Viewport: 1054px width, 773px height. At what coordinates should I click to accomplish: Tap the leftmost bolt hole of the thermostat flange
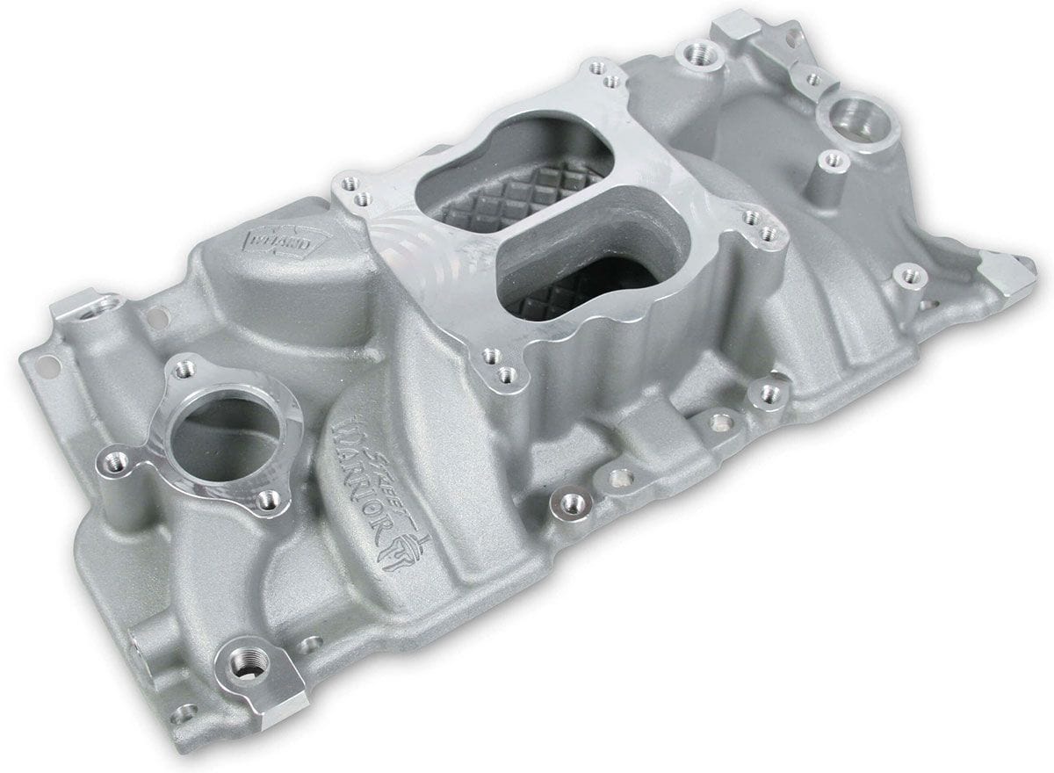click(x=112, y=458)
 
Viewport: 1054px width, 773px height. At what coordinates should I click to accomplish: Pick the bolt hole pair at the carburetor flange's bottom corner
click(x=497, y=365)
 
